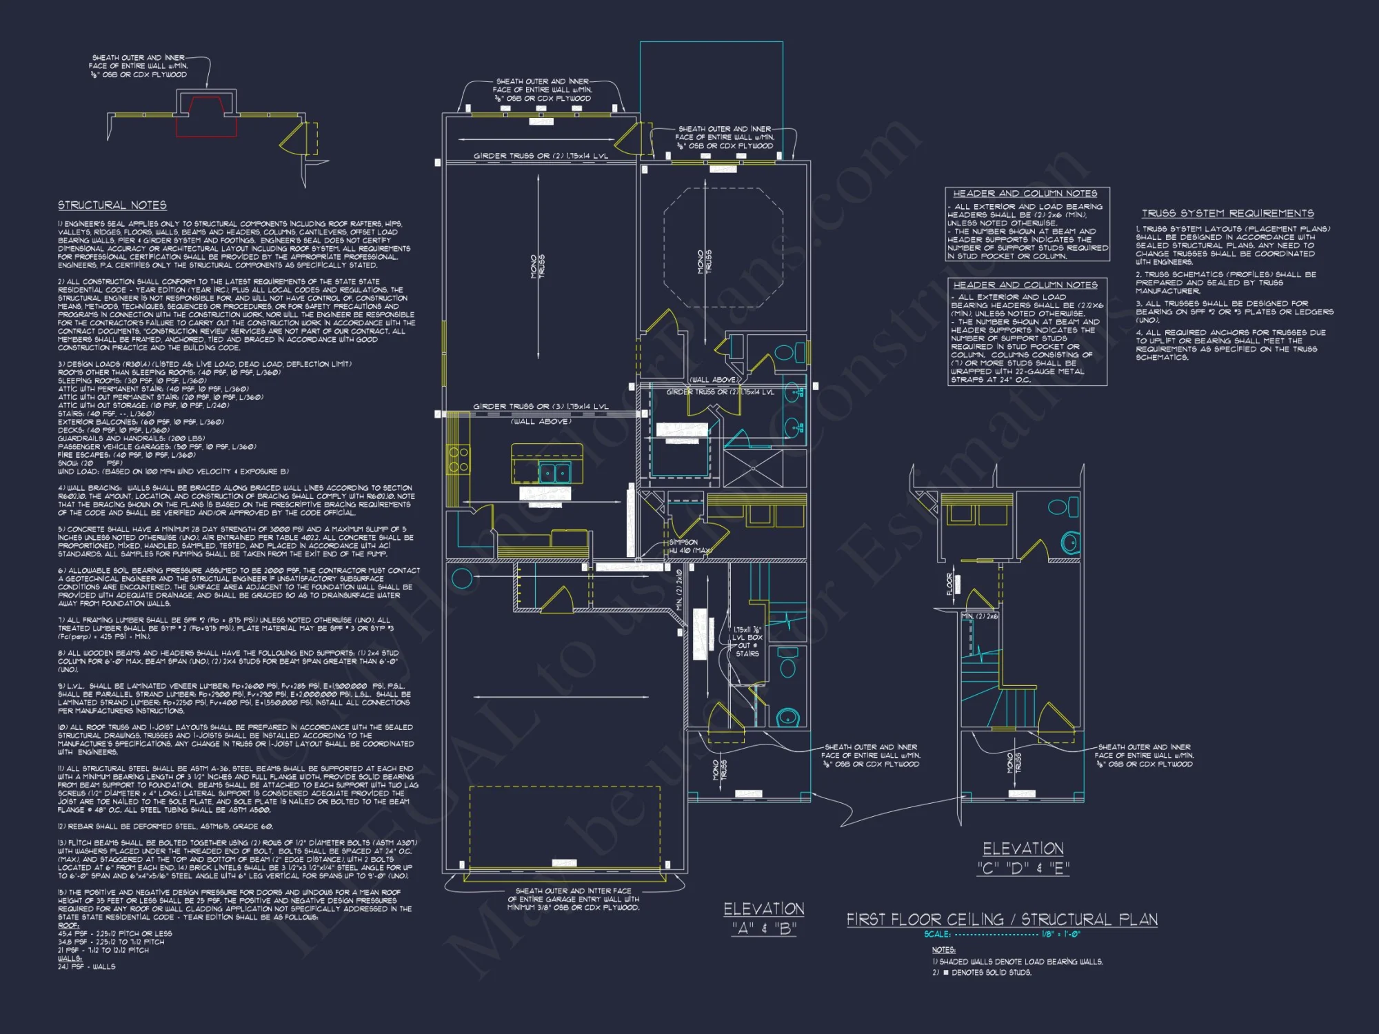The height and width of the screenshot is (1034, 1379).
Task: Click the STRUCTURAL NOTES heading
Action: (x=112, y=205)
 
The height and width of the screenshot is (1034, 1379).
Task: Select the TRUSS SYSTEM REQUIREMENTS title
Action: (x=1227, y=214)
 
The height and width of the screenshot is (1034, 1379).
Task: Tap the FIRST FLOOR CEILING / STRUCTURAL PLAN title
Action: (x=1002, y=919)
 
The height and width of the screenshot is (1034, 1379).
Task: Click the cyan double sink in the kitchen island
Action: (x=554, y=472)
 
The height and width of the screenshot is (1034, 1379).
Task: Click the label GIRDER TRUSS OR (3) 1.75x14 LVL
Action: (x=541, y=407)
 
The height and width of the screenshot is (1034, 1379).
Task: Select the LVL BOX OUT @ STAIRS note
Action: (x=747, y=641)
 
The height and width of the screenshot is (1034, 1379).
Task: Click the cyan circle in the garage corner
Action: (x=461, y=578)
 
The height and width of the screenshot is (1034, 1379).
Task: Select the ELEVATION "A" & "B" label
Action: (x=764, y=919)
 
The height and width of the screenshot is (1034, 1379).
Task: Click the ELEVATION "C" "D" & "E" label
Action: (x=1023, y=858)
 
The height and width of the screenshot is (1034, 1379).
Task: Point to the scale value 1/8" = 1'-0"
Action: (x=1061, y=935)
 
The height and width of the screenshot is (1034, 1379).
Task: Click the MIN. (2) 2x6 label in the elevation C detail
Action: (x=980, y=616)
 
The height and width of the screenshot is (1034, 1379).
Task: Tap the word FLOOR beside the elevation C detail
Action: (x=949, y=585)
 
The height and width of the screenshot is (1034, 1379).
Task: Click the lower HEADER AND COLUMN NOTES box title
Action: (x=1025, y=285)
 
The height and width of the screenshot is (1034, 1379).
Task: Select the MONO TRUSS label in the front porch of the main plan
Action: (x=719, y=769)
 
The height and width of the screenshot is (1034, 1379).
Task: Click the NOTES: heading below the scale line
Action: (x=943, y=950)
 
